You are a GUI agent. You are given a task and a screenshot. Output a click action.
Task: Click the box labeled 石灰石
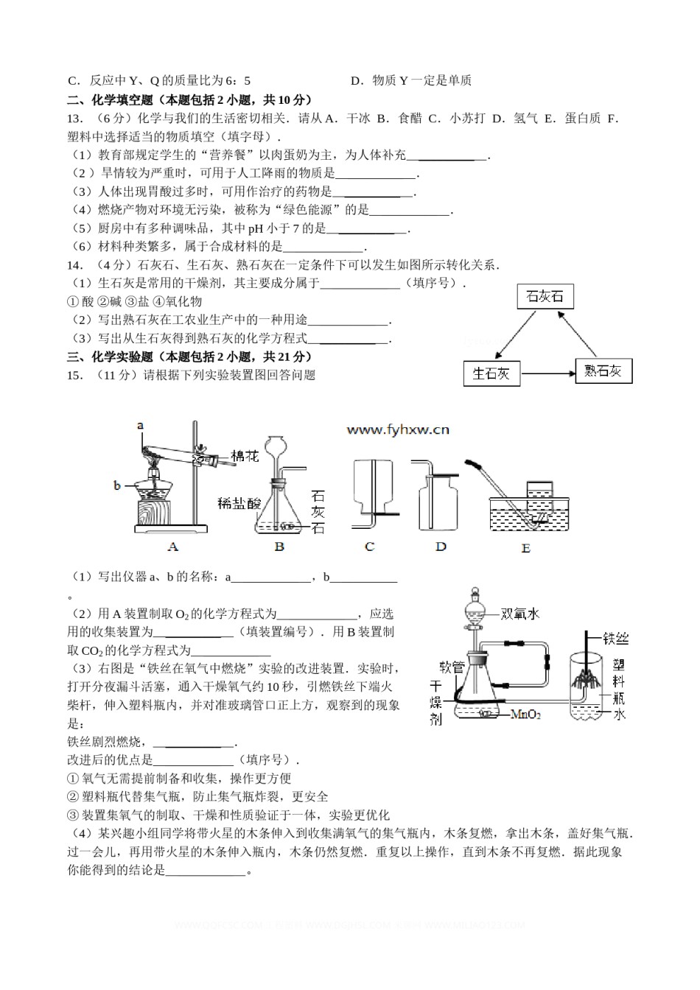click(545, 296)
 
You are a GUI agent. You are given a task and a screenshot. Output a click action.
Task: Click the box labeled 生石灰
click(491, 373)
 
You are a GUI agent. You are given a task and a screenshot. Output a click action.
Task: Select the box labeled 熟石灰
click(603, 371)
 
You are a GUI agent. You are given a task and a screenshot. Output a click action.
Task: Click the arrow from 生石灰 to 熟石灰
click(547, 373)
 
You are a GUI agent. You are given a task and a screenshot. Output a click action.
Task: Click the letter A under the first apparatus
click(173, 547)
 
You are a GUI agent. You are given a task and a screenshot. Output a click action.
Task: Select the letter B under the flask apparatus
click(279, 547)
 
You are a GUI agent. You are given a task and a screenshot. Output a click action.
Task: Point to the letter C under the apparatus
click(369, 547)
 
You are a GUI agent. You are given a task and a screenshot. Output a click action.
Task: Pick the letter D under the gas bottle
click(441, 547)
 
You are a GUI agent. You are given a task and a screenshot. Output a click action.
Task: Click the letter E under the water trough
click(525, 549)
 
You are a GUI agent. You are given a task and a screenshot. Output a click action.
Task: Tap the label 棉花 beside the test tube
click(245, 456)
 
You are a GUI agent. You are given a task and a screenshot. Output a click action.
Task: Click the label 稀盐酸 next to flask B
click(239, 503)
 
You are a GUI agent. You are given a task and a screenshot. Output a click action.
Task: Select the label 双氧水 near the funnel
click(520, 614)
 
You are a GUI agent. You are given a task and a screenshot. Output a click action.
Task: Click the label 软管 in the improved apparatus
click(450, 667)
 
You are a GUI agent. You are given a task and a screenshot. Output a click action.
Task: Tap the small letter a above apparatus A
click(139, 425)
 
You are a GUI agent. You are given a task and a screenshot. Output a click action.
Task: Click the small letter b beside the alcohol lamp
click(117, 485)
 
